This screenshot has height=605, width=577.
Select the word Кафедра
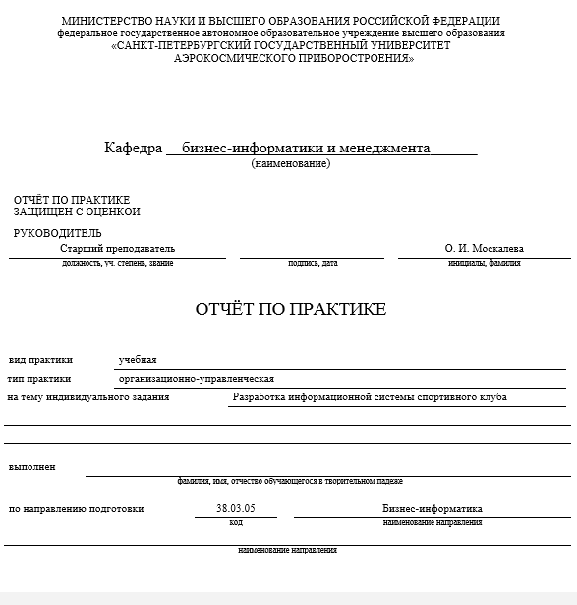click(x=133, y=149)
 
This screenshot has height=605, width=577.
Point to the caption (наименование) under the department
click(x=290, y=163)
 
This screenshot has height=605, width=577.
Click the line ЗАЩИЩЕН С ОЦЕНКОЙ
click(x=77, y=212)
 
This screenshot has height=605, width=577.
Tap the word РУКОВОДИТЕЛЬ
click(x=57, y=233)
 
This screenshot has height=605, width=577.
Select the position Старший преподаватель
click(x=117, y=249)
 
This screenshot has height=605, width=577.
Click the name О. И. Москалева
click(x=485, y=249)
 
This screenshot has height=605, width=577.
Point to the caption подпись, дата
click(x=313, y=263)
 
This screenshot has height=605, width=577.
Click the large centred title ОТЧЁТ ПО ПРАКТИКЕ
click(x=291, y=309)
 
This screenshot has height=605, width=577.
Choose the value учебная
click(x=138, y=360)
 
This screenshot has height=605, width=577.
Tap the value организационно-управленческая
click(x=196, y=379)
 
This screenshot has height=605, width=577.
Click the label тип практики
click(x=39, y=379)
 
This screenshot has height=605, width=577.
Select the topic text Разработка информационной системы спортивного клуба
click(x=369, y=397)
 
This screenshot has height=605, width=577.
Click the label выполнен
click(x=31, y=466)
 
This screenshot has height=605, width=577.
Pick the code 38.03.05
click(x=235, y=509)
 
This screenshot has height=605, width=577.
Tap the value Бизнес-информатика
click(x=432, y=509)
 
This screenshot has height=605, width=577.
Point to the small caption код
click(x=236, y=522)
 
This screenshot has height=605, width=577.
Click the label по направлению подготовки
click(x=76, y=509)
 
